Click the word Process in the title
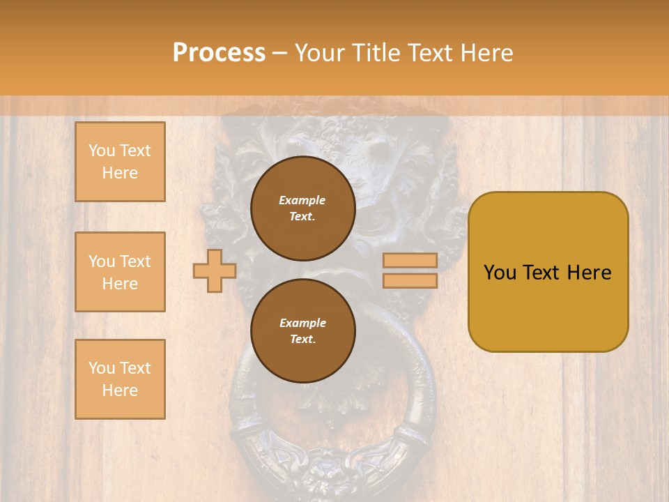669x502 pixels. [219, 53]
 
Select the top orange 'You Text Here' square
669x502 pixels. [120, 162]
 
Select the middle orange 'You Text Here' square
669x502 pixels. [120, 272]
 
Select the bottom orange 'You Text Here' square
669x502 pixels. [120, 379]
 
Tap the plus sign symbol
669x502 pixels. [215, 271]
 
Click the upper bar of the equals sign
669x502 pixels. [410, 260]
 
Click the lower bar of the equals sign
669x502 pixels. [410, 280]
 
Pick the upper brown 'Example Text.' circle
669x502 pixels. [302, 208]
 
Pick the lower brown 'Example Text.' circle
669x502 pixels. [302, 330]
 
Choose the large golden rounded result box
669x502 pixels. [548, 272]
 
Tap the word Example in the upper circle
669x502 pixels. [302, 200]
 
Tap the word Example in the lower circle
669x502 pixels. [302, 323]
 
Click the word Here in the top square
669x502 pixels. [120, 173]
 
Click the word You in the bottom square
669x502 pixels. [102, 367]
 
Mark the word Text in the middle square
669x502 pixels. [135, 261]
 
